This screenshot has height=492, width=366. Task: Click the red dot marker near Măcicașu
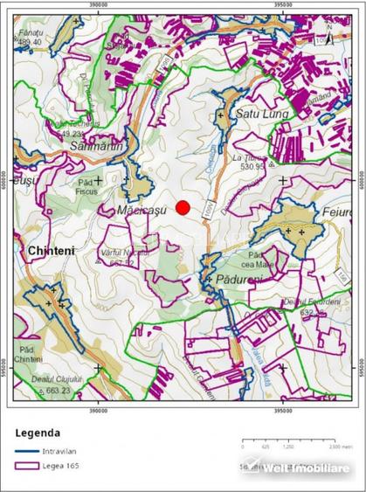[x=183, y=207]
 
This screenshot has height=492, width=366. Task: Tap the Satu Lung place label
[x=258, y=114]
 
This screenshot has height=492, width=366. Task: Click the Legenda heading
[x=38, y=432]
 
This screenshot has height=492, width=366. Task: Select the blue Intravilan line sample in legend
[x=27, y=451]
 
